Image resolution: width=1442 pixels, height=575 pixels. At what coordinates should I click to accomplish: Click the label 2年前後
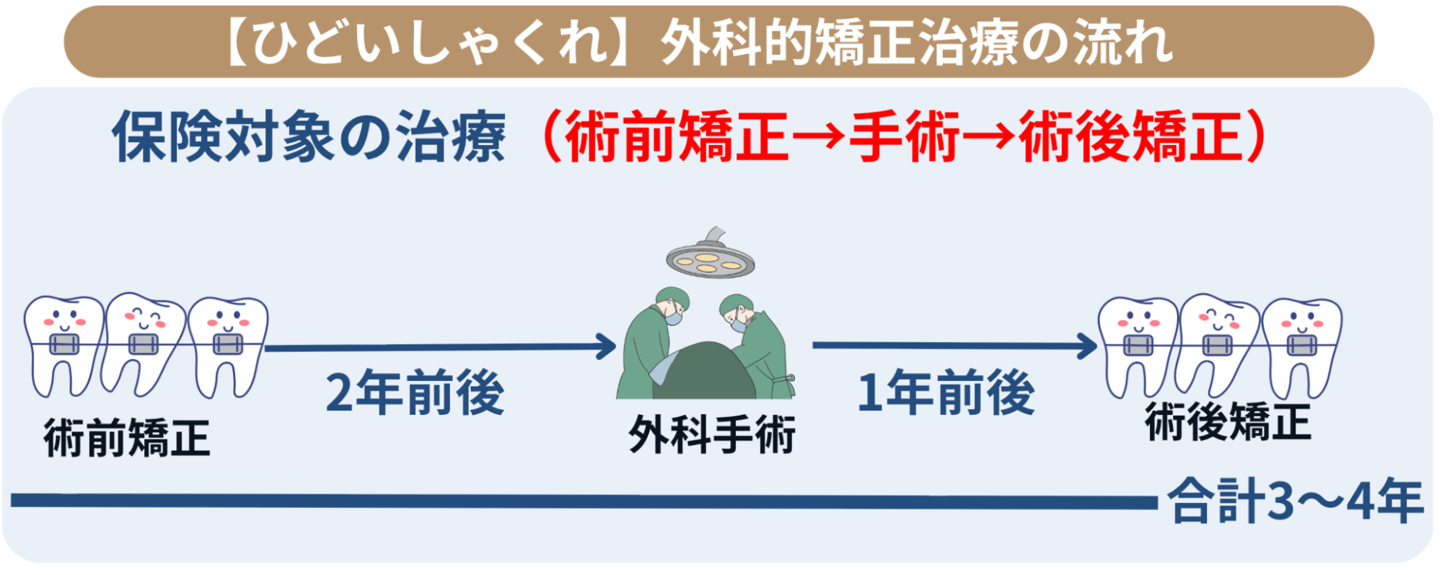(415, 392)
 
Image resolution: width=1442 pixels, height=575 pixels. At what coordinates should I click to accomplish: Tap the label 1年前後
(946, 392)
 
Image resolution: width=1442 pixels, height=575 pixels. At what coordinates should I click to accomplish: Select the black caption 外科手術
(712, 434)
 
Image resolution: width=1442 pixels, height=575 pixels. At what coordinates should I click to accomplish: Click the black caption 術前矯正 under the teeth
(127, 438)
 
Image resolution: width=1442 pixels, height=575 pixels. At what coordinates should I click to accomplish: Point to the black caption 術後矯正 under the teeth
(1228, 422)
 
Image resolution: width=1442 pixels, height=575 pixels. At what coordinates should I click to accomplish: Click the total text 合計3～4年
(1296, 501)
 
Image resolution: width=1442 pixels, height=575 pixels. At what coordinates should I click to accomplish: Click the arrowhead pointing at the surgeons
(605, 347)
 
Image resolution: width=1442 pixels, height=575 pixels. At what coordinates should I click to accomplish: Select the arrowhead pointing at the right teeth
(1086, 346)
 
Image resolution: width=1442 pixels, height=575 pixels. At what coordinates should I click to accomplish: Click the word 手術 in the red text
(904, 136)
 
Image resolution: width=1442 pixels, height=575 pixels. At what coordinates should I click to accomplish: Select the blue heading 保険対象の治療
(309, 136)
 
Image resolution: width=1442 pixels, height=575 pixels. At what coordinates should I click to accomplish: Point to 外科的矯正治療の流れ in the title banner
(916, 42)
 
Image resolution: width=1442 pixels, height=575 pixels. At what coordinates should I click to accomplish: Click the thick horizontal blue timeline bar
(584, 501)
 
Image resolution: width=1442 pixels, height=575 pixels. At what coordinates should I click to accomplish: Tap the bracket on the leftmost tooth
(63, 345)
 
